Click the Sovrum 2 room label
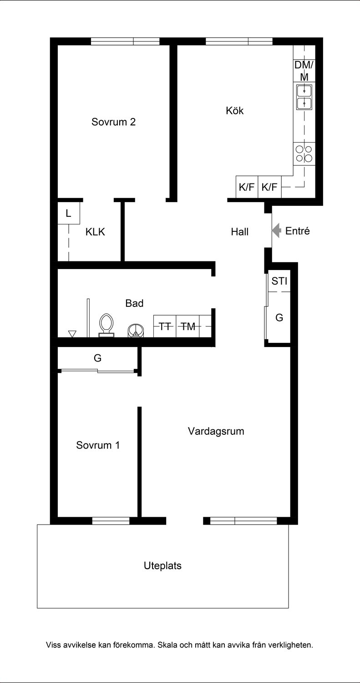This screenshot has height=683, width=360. tap(113, 122)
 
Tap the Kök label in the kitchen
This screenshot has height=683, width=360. tap(235, 110)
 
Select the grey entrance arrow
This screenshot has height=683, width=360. tap(276, 230)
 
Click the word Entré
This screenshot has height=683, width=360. tap(298, 231)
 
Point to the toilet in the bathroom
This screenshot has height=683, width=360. tap(106, 326)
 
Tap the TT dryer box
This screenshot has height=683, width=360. tap(165, 326)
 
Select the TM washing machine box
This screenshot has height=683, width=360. tap(188, 326)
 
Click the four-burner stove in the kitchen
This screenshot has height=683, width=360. tap(304, 154)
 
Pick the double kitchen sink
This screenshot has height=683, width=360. tap(304, 97)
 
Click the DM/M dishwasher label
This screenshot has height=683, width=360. tap(304, 71)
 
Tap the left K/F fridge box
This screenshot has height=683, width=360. tap(247, 187)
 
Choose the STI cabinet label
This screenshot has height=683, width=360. tap(279, 281)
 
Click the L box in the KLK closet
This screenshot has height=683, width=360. tap(69, 213)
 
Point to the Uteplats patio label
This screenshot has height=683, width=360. tap(162, 566)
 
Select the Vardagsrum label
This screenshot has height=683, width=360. tap(216, 431)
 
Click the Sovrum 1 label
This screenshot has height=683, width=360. tap(98, 445)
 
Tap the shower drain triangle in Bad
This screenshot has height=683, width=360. tap(72, 334)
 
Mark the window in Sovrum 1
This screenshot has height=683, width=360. tap(111, 521)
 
